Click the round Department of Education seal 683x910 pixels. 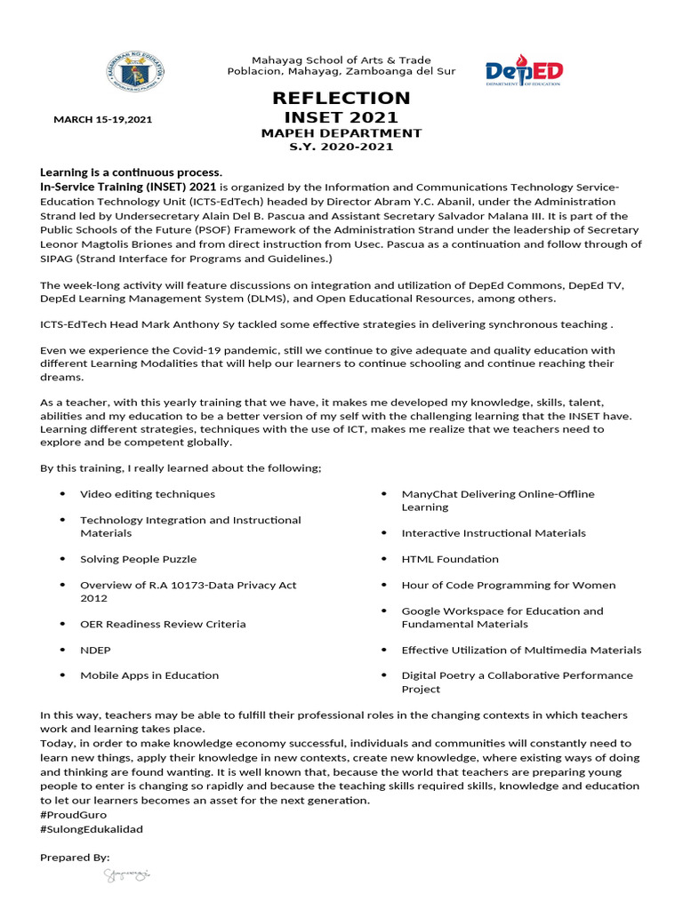(x=138, y=72)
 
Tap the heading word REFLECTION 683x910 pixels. (x=341, y=98)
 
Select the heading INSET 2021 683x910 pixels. (x=341, y=117)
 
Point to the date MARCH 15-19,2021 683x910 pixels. (x=102, y=118)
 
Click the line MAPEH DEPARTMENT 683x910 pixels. (x=341, y=133)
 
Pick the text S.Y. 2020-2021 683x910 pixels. (x=341, y=147)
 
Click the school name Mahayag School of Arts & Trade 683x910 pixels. (x=341, y=60)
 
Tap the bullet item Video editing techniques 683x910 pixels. (x=148, y=493)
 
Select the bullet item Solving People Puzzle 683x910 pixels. (x=139, y=559)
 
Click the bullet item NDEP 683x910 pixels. (x=96, y=650)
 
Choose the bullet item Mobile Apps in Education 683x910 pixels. (x=149, y=675)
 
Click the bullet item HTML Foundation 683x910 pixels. (x=450, y=559)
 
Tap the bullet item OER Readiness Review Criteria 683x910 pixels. (x=163, y=624)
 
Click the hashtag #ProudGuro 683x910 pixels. (x=71, y=815)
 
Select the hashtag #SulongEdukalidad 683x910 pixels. (x=92, y=829)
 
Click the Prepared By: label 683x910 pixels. (x=75, y=857)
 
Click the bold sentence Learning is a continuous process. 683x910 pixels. (x=131, y=172)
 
